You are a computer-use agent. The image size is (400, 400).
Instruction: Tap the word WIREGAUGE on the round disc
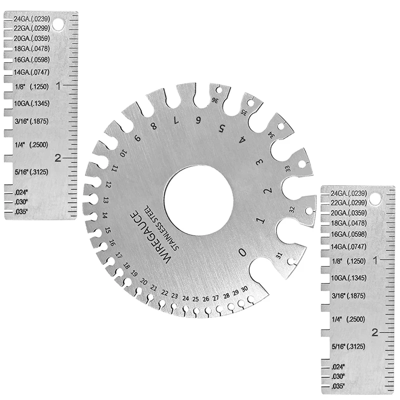(x=151, y=237)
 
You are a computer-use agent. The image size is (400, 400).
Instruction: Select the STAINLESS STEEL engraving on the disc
(x=162, y=227)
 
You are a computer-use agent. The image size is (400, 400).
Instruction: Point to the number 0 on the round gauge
(x=242, y=252)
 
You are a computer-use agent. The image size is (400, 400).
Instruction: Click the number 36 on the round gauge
(x=215, y=100)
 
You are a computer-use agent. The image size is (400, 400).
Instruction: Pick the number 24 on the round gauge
(x=185, y=298)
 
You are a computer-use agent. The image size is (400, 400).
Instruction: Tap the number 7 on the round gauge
(x=175, y=120)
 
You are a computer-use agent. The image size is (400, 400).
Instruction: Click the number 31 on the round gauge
(x=279, y=255)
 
